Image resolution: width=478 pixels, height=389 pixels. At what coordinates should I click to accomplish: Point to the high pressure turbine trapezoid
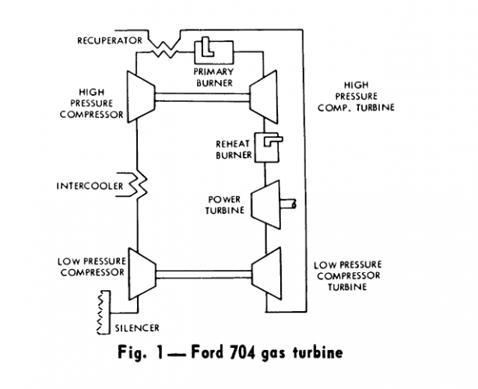265,96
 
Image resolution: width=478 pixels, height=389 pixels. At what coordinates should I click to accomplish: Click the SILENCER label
130,328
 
